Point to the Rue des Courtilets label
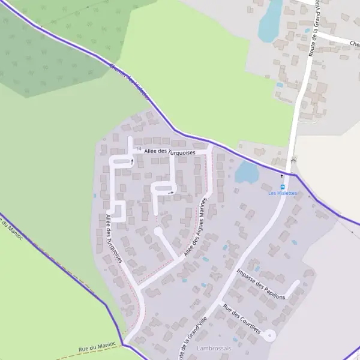pos(241,319)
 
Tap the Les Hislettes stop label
pos(283,193)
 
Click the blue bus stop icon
pos(283,185)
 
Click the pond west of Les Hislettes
pos(247,172)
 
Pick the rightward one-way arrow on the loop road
pos(172,193)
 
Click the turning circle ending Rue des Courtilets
pos(269,335)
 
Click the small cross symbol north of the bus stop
pos(283,176)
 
